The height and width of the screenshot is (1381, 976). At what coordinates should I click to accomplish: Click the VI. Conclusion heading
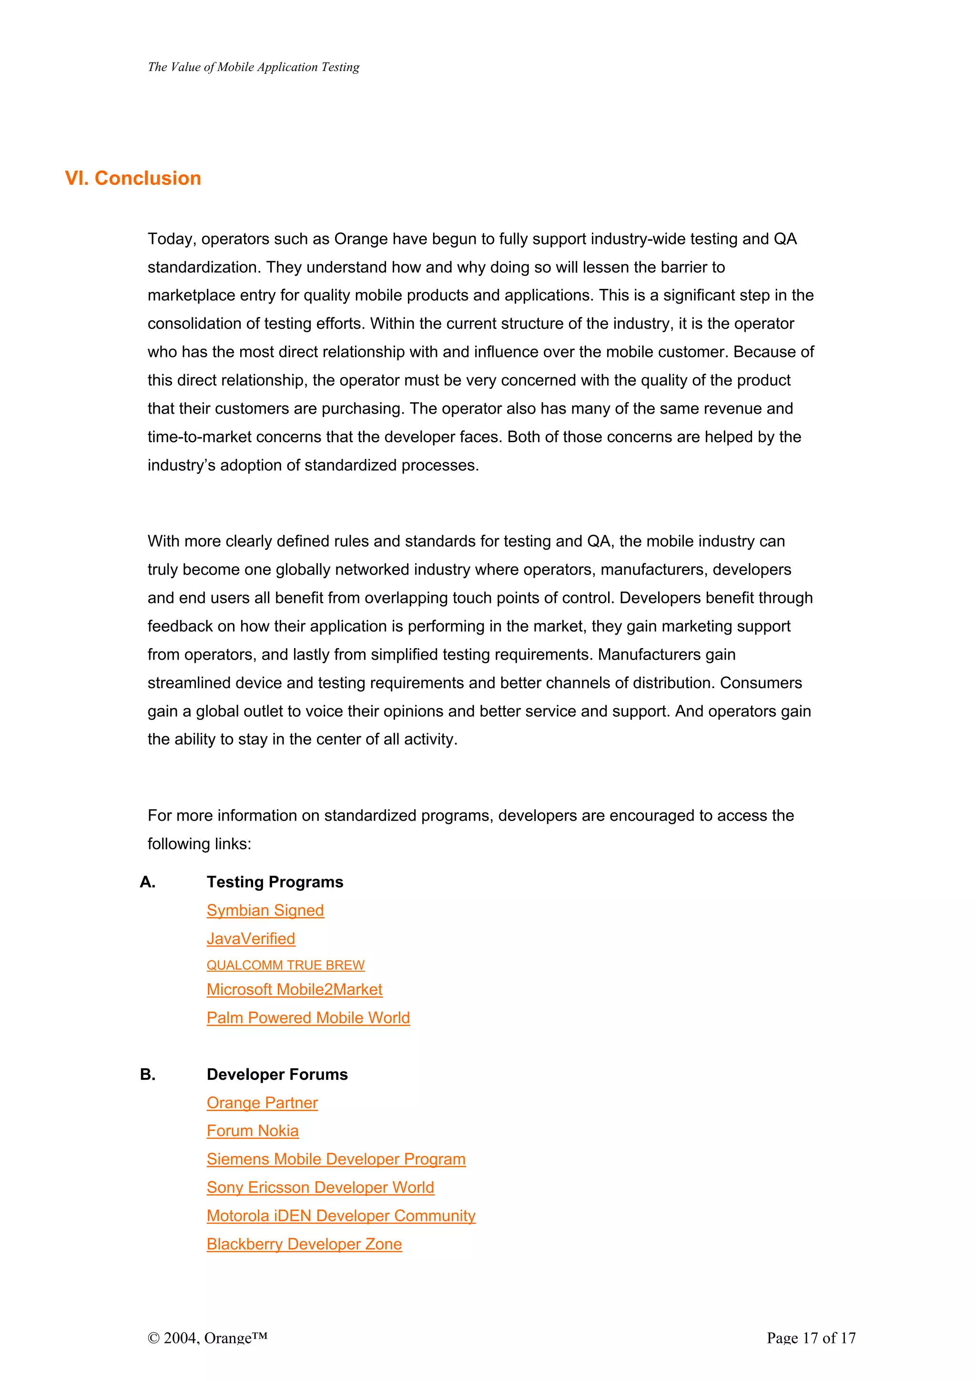133,179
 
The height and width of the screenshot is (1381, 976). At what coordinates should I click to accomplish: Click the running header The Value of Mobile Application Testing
253,67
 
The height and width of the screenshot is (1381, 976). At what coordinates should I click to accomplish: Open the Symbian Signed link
265,911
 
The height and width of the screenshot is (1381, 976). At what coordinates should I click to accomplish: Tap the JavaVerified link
251,939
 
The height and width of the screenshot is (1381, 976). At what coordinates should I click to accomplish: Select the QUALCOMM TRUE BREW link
285,965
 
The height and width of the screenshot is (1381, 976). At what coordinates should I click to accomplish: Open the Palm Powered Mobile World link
308,1018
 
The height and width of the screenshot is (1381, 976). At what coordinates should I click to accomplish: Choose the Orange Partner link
262,1103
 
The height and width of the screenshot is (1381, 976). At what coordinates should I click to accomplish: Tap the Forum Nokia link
253,1131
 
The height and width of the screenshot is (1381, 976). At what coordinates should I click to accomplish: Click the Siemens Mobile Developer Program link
335,1160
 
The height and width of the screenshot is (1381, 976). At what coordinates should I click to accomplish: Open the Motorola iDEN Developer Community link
341,1216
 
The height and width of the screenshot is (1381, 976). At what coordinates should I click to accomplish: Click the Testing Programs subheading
275,883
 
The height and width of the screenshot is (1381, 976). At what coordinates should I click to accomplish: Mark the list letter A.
147,883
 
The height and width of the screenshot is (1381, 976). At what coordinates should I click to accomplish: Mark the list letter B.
147,1075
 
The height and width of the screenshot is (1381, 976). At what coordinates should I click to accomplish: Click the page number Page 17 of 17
811,1338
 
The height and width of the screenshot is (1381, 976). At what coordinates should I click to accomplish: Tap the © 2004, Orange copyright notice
207,1338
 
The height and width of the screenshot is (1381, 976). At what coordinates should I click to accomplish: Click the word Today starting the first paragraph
170,239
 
